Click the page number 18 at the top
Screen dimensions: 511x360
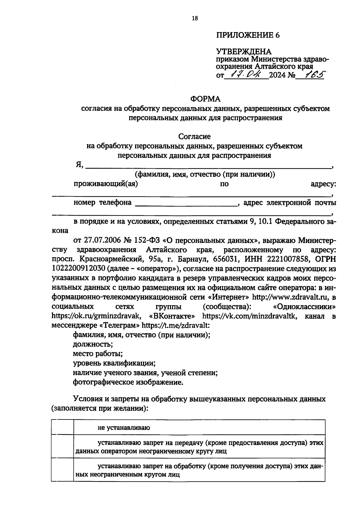tap(195, 18)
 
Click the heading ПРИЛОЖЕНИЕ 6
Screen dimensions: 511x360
tap(248, 35)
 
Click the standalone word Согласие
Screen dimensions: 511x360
tap(194, 137)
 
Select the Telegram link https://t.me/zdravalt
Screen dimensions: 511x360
tap(175, 326)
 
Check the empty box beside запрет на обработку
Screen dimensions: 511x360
tap(62, 470)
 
